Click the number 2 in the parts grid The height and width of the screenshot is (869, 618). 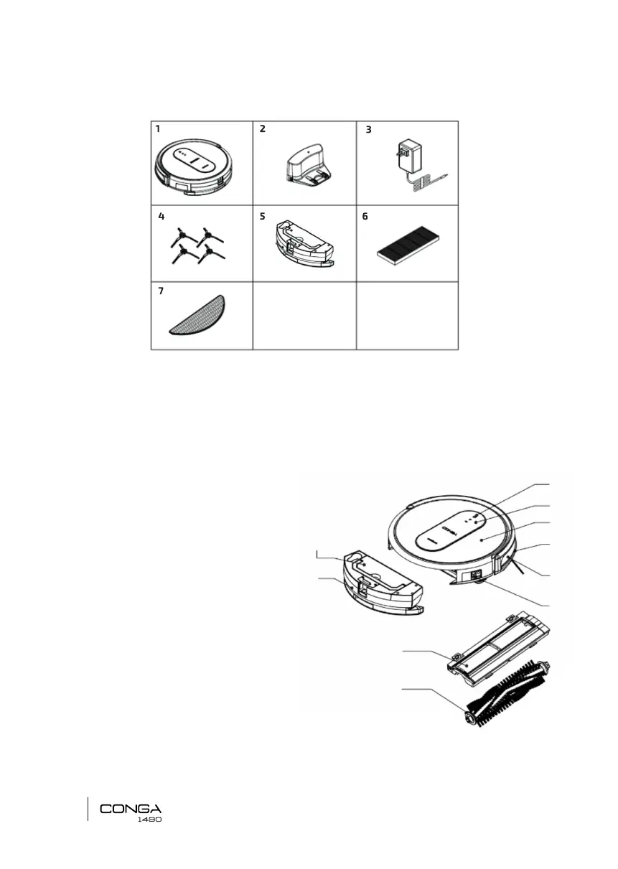tap(263, 129)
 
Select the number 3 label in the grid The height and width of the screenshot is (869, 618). tap(369, 130)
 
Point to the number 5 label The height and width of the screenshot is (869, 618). tap(263, 215)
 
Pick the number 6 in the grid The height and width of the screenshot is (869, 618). tap(366, 215)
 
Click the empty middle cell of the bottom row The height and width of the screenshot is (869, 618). tap(304, 316)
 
